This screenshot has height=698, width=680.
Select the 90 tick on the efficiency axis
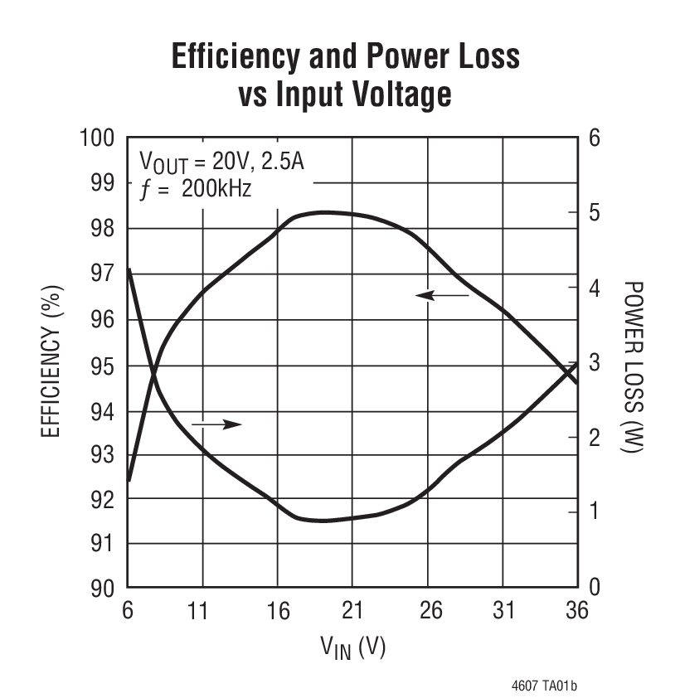click(x=103, y=589)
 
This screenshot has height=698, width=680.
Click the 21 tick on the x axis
click(x=352, y=612)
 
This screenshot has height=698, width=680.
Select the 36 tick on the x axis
click(x=577, y=612)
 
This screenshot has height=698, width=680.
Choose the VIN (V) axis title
click(x=352, y=647)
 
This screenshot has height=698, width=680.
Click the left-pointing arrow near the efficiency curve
click(x=442, y=294)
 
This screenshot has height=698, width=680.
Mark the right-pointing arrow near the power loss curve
click(x=216, y=424)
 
